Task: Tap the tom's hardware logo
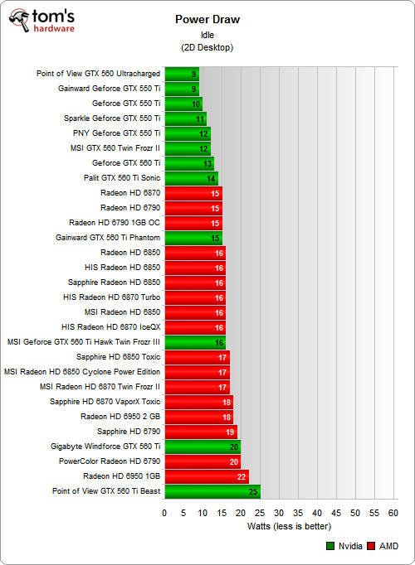pyautogui.click(x=41, y=22)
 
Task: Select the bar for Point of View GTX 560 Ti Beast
pyautogui.click(x=212, y=491)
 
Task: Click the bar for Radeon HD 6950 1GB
pyautogui.click(x=207, y=476)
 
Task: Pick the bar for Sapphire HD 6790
pyautogui.click(x=201, y=432)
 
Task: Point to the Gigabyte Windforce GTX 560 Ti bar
pyautogui.click(x=203, y=447)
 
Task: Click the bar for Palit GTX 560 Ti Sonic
pyautogui.click(x=192, y=178)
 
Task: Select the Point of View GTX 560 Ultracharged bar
pyautogui.click(x=183, y=74)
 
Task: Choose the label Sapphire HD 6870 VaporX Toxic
pyautogui.click(x=105, y=402)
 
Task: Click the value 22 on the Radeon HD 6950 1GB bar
pyautogui.click(x=242, y=476)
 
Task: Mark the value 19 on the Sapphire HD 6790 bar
pyautogui.click(x=230, y=432)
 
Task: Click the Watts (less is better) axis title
pyautogui.click(x=289, y=526)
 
